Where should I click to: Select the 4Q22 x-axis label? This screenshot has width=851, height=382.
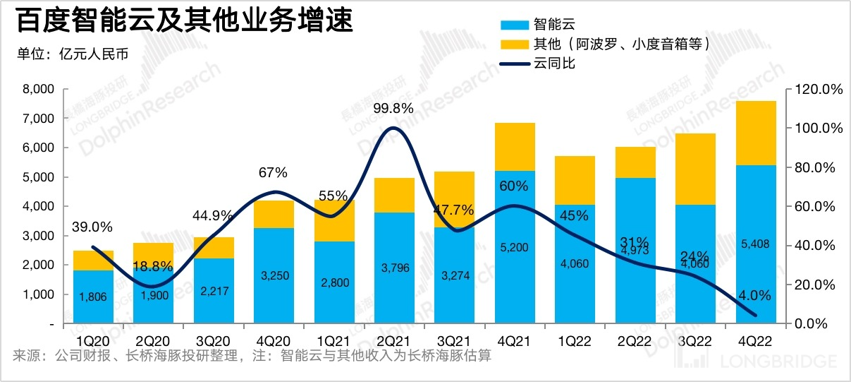(756, 340)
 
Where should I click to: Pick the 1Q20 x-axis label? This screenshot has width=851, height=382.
(94, 340)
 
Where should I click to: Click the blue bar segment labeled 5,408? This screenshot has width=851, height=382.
(756, 244)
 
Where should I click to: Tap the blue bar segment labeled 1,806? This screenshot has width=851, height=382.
(94, 297)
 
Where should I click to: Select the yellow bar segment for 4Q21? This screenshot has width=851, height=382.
(515, 147)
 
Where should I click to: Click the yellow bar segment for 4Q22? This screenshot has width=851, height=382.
(756, 133)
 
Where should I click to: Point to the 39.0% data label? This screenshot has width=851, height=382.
(92, 227)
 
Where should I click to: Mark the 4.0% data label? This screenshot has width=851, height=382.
(755, 295)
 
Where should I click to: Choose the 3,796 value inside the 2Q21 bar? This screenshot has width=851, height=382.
(393, 268)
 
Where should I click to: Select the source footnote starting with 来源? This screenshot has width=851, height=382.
(251, 356)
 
